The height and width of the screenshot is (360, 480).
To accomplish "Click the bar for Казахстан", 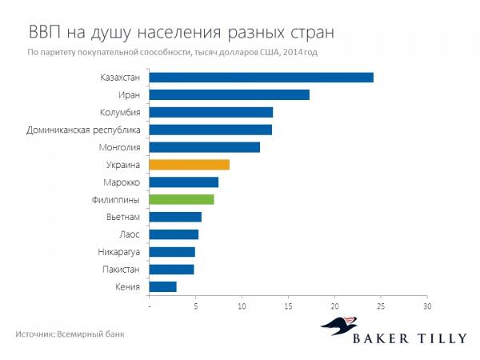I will [x=261, y=78].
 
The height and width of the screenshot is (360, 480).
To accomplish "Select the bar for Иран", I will [x=229, y=95].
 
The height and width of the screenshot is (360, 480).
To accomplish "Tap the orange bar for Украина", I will [x=189, y=165].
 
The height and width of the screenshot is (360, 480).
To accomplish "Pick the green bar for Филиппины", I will [x=182, y=199].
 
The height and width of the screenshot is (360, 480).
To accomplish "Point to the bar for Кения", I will [x=162, y=286].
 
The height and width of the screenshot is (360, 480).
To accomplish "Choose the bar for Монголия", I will [x=204, y=147].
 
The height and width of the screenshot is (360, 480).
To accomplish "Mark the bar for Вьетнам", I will [x=175, y=217].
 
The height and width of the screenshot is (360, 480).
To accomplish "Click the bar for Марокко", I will [x=183, y=182].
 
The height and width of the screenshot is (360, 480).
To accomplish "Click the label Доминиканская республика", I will [x=84, y=130].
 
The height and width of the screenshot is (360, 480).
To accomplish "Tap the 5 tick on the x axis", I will [x=195, y=306].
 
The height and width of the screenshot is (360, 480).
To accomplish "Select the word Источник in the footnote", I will [x=34, y=334].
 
